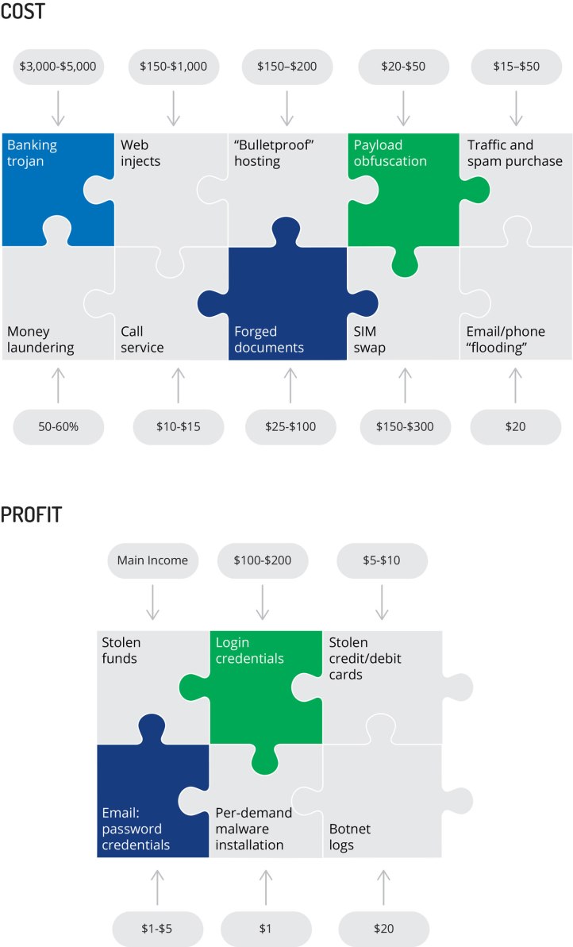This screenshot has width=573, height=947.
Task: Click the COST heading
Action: (23, 13)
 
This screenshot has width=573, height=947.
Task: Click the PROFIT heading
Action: (31, 515)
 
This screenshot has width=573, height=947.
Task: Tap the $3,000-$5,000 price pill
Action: (57, 67)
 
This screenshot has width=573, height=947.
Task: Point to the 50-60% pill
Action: (57, 427)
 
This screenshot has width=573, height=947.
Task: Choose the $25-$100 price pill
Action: (290, 427)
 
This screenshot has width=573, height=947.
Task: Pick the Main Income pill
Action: (152, 560)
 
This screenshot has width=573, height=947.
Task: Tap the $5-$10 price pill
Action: (382, 560)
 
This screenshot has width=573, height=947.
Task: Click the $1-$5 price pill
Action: (157, 927)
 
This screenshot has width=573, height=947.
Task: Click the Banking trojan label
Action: (33, 153)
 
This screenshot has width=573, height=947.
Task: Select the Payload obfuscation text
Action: (390, 153)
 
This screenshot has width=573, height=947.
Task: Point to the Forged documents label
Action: (268, 340)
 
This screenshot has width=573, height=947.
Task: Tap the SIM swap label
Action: (371, 340)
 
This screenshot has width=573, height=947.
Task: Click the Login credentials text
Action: (250, 650)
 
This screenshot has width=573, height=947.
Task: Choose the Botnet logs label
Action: (350, 837)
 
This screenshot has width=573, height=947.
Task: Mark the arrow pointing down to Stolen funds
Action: (152, 603)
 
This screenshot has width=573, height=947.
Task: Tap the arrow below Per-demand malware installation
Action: (266, 885)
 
